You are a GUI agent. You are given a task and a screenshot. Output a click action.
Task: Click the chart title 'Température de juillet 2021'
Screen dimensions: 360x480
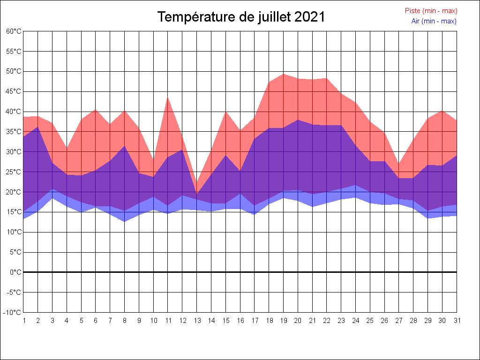click(241, 17)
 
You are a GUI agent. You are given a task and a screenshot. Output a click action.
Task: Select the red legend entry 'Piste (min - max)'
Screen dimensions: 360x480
click(431, 11)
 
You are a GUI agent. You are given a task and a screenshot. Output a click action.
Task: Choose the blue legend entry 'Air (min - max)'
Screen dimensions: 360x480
click(434, 21)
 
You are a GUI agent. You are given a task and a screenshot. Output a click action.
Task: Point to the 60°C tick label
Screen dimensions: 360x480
click(14, 31)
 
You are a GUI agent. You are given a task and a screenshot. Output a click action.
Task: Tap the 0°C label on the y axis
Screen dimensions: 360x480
click(15, 272)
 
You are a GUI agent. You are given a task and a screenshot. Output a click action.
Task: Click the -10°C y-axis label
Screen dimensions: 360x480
click(13, 313)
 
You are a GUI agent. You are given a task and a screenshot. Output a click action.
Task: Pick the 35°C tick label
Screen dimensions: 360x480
click(14, 132)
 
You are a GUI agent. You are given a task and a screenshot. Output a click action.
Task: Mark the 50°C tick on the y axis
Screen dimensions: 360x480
click(14, 71)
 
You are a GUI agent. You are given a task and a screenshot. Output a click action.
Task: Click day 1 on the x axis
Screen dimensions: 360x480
click(23, 321)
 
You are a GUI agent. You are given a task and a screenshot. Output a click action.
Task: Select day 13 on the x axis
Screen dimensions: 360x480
click(197, 321)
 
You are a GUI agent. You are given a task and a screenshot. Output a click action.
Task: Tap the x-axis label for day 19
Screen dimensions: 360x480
click(284, 321)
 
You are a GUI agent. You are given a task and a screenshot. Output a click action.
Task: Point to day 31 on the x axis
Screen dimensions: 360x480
click(457, 321)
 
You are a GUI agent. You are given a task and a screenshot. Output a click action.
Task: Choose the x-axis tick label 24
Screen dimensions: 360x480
click(356, 321)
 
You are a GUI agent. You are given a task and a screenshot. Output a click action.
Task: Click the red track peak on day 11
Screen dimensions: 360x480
click(168, 97)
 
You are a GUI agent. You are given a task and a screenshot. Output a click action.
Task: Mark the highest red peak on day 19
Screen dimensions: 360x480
click(284, 74)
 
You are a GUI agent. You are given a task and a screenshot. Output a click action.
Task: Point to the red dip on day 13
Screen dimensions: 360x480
click(197, 184)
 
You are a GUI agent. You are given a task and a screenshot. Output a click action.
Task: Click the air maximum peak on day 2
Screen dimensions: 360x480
click(38, 127)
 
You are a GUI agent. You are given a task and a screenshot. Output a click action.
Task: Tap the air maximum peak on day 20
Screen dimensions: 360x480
click(298, 120)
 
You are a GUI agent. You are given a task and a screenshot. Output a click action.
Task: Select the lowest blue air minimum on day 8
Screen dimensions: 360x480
click(125, 221)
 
